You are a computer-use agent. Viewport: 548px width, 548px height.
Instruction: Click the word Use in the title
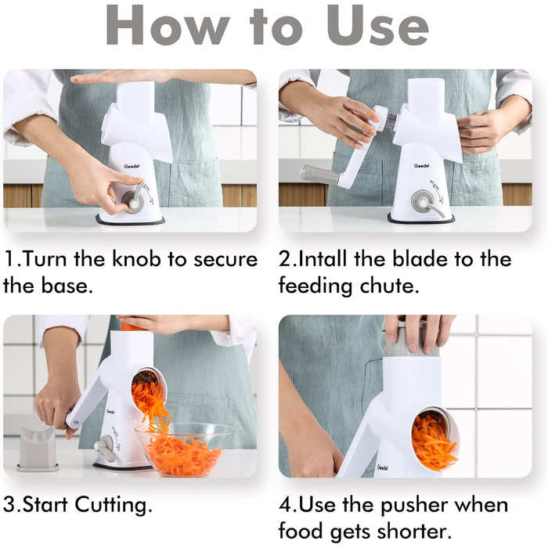377,26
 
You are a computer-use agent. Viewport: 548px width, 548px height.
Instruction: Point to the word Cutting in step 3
114,506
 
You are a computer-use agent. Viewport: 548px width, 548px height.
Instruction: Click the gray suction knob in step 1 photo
134,200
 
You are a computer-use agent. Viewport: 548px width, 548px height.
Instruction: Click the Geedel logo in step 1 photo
132,166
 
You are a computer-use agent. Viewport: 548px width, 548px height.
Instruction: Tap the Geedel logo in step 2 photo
421,166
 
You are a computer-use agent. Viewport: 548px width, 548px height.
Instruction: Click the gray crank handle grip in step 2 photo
319,173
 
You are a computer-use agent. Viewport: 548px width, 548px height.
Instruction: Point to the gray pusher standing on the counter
37,449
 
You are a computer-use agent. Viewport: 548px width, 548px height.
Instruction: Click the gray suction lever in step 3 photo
106,449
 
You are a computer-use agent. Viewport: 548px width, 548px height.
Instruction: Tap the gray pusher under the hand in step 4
412,340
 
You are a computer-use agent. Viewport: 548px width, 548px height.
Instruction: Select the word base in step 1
66,286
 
